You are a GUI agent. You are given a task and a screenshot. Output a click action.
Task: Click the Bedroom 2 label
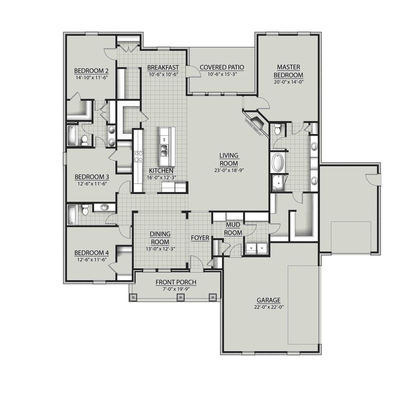click(91, 71)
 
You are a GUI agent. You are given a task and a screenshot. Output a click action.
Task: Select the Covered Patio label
click(222, 67)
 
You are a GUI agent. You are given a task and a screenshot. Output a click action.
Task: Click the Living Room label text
click(228, 159)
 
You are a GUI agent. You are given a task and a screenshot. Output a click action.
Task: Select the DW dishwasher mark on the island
click(164, 139)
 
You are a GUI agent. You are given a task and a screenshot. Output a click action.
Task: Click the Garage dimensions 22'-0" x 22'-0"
click(268, 307)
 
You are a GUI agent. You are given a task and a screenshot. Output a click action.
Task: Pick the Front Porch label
click(176, 282)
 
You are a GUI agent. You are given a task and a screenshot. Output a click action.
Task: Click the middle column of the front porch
click(181, 297)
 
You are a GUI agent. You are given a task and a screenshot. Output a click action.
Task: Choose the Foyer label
click(200, 238)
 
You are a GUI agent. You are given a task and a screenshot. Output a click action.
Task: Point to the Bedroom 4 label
click(91, 253)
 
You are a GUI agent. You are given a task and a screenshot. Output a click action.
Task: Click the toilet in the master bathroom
click(277, 130)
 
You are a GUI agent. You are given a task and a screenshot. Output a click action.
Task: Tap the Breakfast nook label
click(163, 67)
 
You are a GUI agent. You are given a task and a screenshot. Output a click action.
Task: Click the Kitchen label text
click(161, 171)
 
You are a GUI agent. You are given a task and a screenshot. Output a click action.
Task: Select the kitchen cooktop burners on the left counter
click(138, 156)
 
